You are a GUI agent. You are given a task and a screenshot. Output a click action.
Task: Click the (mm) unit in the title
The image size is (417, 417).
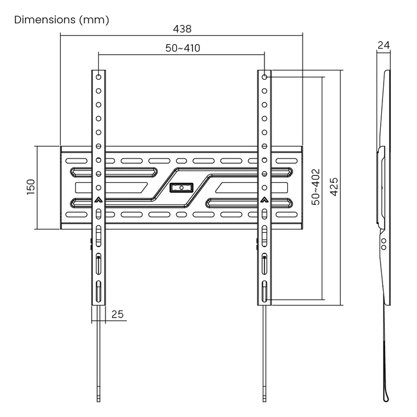click(93, 20)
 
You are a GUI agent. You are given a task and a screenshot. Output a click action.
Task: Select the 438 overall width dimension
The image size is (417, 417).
click(182, 29)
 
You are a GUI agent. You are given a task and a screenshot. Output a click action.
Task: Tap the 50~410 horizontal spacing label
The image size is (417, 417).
click(182, 49)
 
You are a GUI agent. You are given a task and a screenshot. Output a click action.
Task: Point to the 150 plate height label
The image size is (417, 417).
click(30, 186)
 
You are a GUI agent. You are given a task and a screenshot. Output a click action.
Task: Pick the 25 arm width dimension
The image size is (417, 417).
click(117, 315)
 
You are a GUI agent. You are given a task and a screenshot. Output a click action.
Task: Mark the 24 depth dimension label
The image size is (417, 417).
click(384, 45)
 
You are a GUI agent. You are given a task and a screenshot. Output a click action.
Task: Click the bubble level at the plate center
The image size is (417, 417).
click(182, 188)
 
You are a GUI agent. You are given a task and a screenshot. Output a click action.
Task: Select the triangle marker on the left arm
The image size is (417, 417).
click(99, 201)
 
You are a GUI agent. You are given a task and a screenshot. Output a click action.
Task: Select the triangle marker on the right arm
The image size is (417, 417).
click(264, 201)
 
